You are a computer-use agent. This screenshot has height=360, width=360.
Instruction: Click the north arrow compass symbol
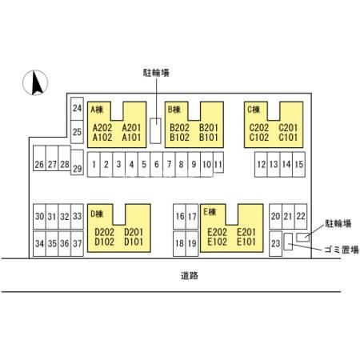35,82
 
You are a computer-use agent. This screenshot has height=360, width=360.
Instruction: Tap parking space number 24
77,109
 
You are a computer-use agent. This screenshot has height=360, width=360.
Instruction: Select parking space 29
77,162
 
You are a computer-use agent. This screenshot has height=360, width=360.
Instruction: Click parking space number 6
157,164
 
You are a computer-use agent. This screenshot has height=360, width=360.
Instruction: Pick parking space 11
218,162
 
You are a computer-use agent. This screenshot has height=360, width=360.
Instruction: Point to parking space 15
299,164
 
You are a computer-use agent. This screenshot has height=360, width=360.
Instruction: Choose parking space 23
275,244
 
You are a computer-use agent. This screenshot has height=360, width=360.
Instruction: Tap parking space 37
77,244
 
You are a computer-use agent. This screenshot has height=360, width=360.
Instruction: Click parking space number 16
179,217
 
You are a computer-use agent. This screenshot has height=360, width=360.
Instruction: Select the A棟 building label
97,110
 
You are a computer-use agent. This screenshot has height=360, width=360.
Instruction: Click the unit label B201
209,128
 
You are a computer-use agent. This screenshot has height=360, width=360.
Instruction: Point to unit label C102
259,138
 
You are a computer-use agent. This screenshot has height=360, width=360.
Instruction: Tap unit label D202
104,232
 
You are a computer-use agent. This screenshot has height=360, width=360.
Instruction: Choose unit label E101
246,242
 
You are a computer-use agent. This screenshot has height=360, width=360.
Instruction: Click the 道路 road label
190,275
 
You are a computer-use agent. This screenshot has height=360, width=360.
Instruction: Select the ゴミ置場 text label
342,250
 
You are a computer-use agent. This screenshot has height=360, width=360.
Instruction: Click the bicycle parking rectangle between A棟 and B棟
155,131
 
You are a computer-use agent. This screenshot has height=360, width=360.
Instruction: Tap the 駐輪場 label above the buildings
156,73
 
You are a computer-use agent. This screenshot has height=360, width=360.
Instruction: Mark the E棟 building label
210,212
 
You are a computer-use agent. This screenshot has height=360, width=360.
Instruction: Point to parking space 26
39,158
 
